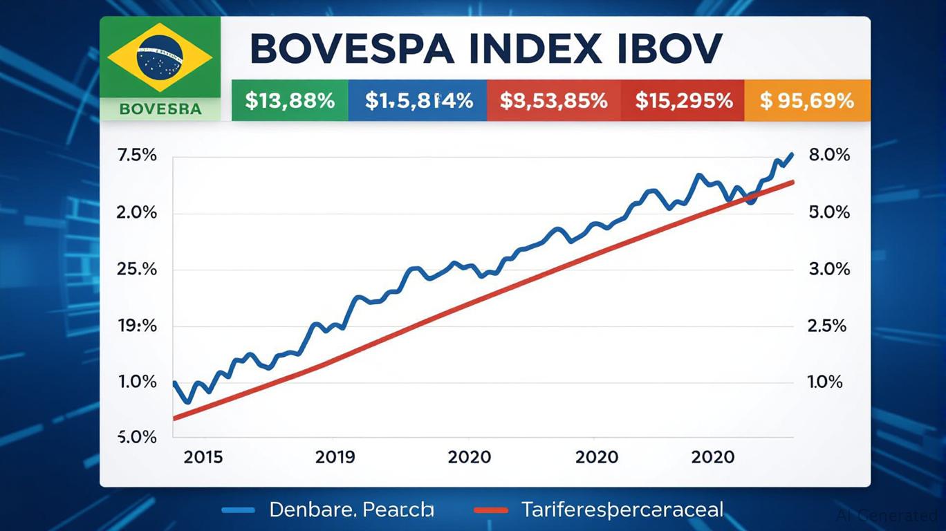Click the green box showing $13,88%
[x=290, y=101]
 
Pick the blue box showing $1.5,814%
[x=418, y=101]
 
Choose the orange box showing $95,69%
[x=806, y=101]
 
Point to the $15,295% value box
[x=683, y=101]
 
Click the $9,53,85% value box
[x=553, y=101]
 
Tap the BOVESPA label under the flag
[x=160, y=109]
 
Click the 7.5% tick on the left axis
[x=138, y=156]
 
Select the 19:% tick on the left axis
[x=138, y=326]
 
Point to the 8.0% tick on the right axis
[x=828, y=156]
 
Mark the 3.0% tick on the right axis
[x=828, y=269]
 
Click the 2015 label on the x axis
[x=203, y=457]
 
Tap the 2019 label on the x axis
[x=335, y=457]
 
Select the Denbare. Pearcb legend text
[x=351, y=510]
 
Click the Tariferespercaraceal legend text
[x=622, y=510]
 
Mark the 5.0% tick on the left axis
[x=138, y=437]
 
